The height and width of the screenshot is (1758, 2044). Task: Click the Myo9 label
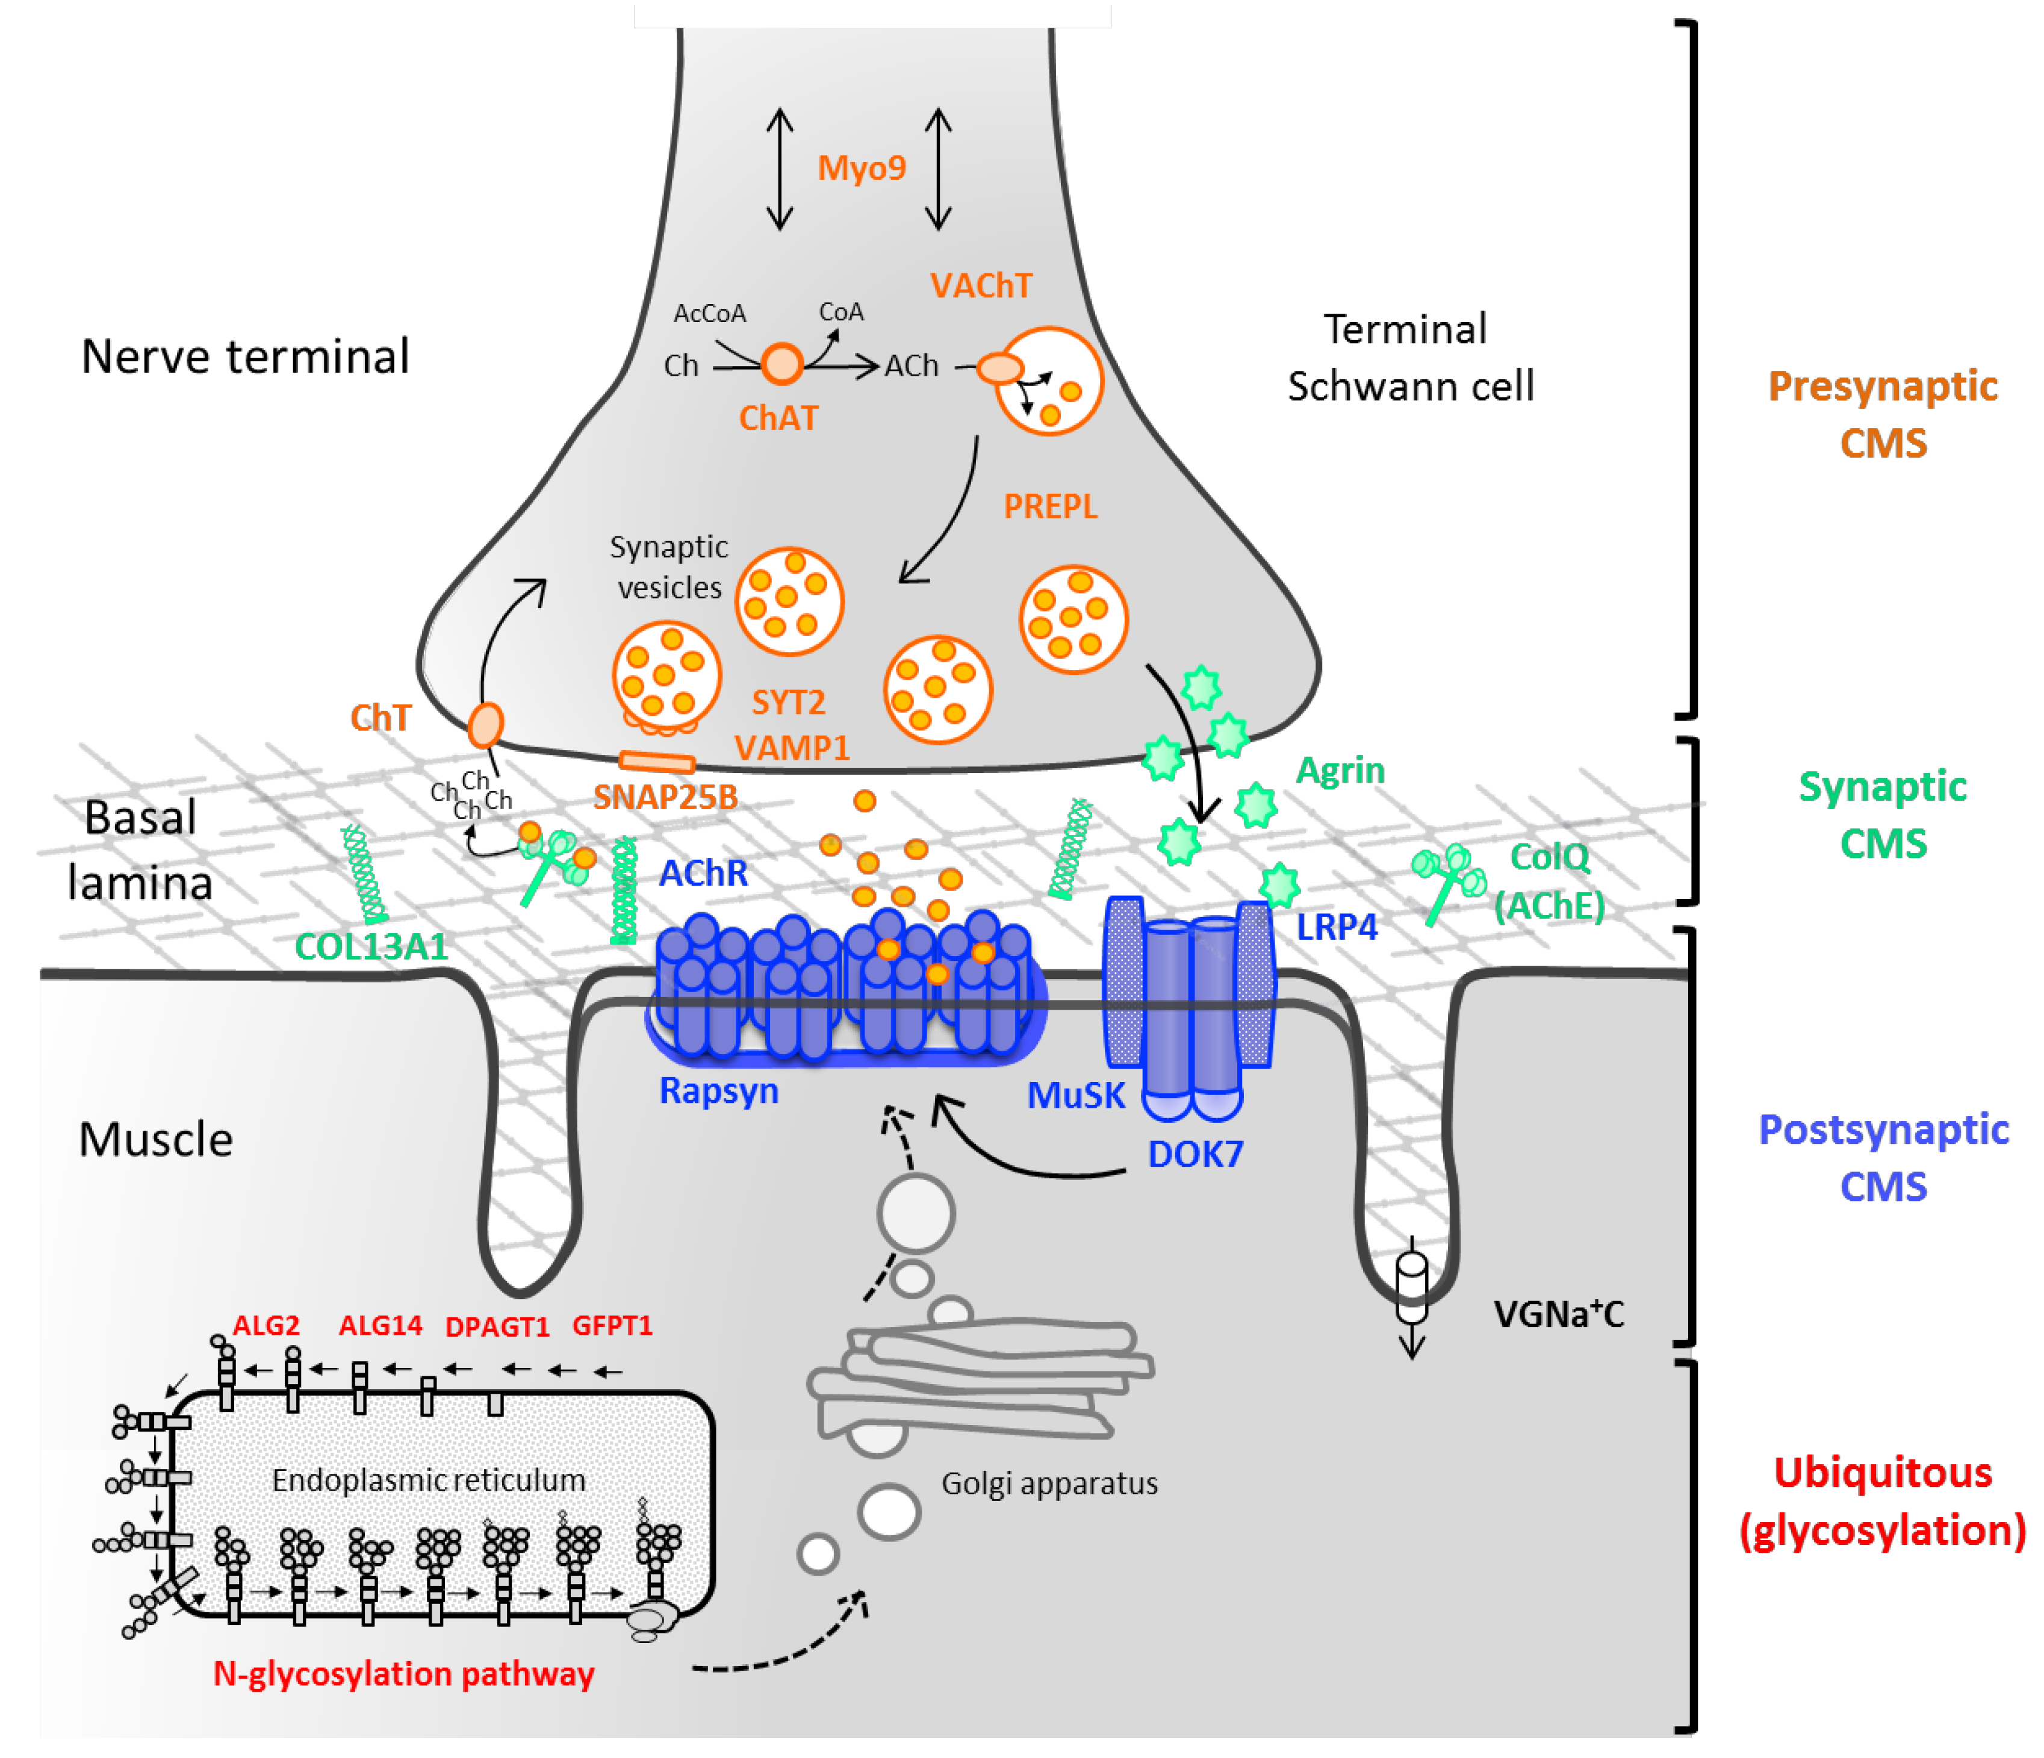pos(861,169)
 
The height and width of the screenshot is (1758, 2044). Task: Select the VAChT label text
pos(981,286)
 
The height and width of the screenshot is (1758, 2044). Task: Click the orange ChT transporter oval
pos(485,725)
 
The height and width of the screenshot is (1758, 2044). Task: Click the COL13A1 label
pos(371,947)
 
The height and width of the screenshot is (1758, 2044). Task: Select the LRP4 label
pos(1336,927)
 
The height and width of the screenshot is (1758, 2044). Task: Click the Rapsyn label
pos(718,1091)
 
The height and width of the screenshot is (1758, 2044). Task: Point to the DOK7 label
pos(1196,1154)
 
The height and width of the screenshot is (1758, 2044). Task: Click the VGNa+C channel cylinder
pos(1412,1287)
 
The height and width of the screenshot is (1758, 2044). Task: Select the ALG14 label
pos(380,1325)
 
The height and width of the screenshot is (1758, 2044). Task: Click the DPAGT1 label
pos(497,1327)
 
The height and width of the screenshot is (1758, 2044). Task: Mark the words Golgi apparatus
pos(1049,1483)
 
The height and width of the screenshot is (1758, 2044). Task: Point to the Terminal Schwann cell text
pos(1411,357)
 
